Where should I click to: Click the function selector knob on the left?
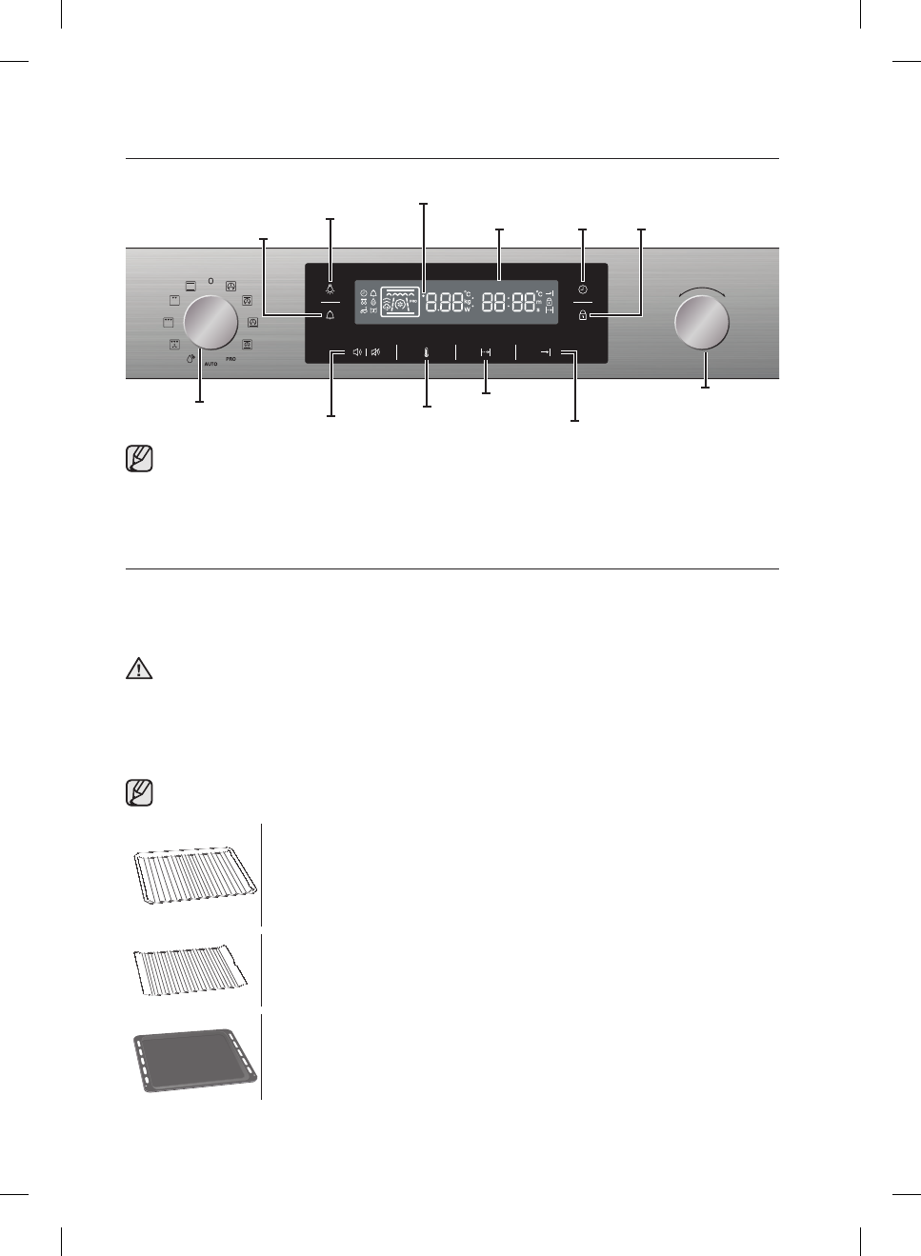(210, 322)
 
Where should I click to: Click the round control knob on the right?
(701, 322)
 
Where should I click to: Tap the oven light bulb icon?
(330, 289)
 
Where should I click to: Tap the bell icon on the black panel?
(330, 314)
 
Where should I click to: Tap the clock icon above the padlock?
(583, 289)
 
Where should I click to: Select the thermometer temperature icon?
(427, 352)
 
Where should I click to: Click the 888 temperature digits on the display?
(446, 303)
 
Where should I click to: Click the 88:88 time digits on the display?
(510, 303)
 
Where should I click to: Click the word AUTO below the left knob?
(210, 364)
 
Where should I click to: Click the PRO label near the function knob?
(230, 359)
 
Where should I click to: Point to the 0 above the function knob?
(210, 281)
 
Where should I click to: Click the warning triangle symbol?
(139, 668)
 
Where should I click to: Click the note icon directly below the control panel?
(139, 459)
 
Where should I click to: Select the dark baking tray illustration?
(195, 1059)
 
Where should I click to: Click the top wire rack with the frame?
(195, 876)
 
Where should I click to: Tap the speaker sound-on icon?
(357, 352)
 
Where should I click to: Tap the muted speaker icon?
(376, 352)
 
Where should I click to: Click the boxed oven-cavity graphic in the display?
(400, 301)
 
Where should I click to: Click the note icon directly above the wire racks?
(139, 792)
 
